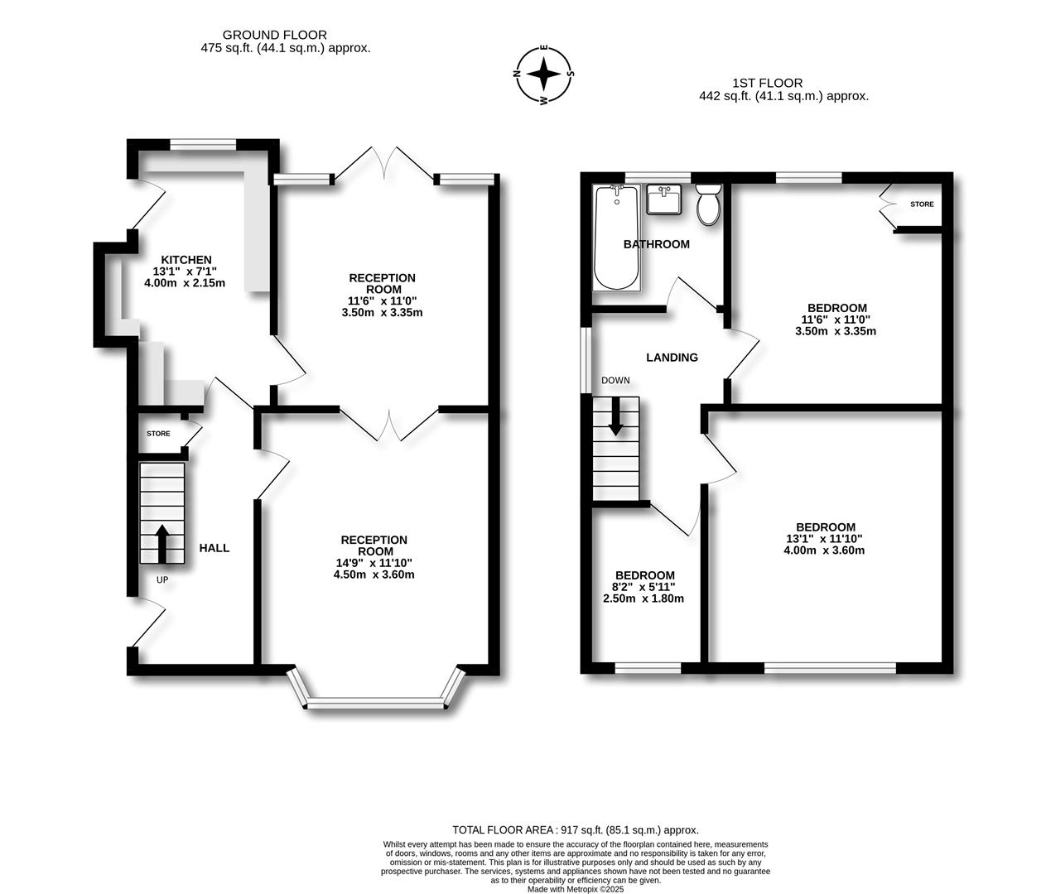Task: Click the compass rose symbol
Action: click(x=544, y=74)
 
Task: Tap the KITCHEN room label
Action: click(x=186, y=260)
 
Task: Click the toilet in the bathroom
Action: click(x=709, y=205)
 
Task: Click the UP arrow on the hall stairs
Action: click(x=161, y=543)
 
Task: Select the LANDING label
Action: click(x=672, y=358)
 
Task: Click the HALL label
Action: click(x=215, y=548)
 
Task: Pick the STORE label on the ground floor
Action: click(x=158, y=434)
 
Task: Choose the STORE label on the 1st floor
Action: click(x=921, y=204)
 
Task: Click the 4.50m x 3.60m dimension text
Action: click(x=374, y=574)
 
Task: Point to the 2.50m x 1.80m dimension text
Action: click(x=644, y=598)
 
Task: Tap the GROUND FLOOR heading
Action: click(x=274, y=35)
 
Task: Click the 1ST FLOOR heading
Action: click(x=767, y=83)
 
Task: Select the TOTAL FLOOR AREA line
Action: click(x=575, y=829)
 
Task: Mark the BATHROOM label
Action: click(x=656, y=244)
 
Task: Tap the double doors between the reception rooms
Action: click(x=388, y=423)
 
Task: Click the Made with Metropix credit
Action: click(x=575, y=889)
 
